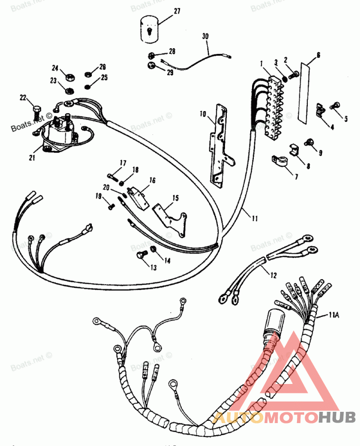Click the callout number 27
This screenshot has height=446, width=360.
(177, 11)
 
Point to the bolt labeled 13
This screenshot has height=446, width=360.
(139, 256)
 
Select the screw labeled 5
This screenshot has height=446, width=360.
(335, 105)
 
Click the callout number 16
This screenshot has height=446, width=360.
(153, 180)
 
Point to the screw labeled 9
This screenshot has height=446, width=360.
(310, 143)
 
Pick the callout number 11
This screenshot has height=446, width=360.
(255, 219)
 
